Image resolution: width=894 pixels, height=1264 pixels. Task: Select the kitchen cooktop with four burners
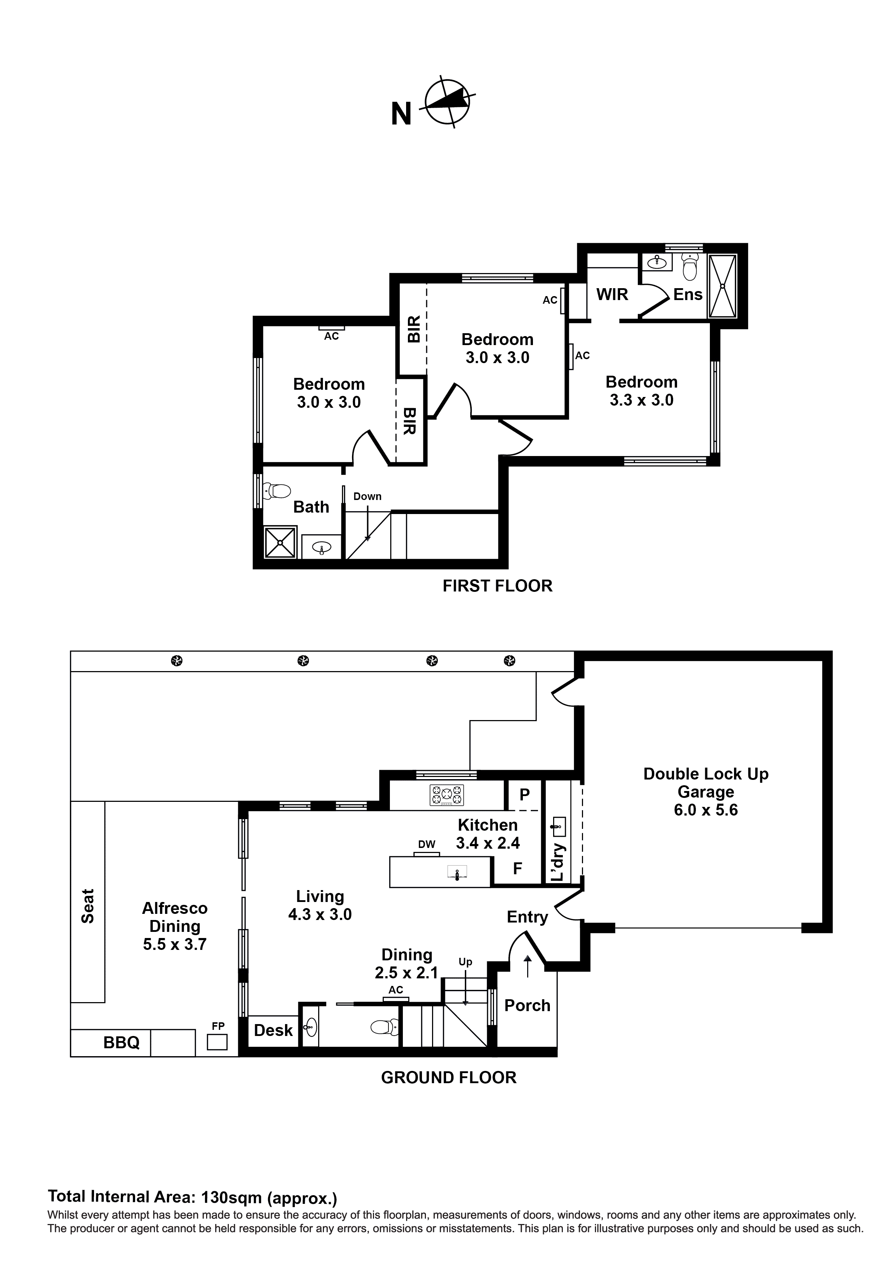click(447, 795)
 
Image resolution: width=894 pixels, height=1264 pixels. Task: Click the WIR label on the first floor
click(612, 295)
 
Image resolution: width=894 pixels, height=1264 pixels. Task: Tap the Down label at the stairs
click(368, 496)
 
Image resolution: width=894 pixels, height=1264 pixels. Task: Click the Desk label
click(273, 1030)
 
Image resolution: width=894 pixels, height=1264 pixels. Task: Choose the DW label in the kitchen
click(426, 844)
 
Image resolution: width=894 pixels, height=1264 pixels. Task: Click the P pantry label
click(524, 794)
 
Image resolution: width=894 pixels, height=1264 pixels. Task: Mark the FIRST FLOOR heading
click(497, 586)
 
